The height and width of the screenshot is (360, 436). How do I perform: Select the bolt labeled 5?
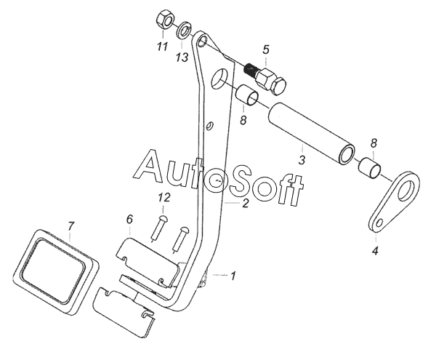(x=266, y=79)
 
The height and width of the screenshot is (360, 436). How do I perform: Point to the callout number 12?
(x=164, y=198)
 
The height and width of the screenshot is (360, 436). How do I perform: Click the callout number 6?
(x=129, y=219)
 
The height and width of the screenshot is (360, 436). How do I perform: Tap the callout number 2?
(x=245, y=203)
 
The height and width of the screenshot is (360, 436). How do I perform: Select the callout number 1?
(x=233, y=276)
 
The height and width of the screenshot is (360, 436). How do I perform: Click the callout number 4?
(x=375, y=251)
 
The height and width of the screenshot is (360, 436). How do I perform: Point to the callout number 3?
(x=302, y=160)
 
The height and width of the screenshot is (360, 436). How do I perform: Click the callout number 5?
(x=266, y=49)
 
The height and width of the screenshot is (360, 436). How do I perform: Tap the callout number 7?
(x=71, y=226)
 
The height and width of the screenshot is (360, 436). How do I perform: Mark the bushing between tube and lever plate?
(x=369, y=168)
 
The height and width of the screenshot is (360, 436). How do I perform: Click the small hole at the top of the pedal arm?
(x=202, y=41)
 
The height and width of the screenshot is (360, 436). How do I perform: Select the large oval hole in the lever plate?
(x=407, y=191)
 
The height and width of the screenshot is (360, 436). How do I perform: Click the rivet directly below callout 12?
(x=158, y=228)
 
